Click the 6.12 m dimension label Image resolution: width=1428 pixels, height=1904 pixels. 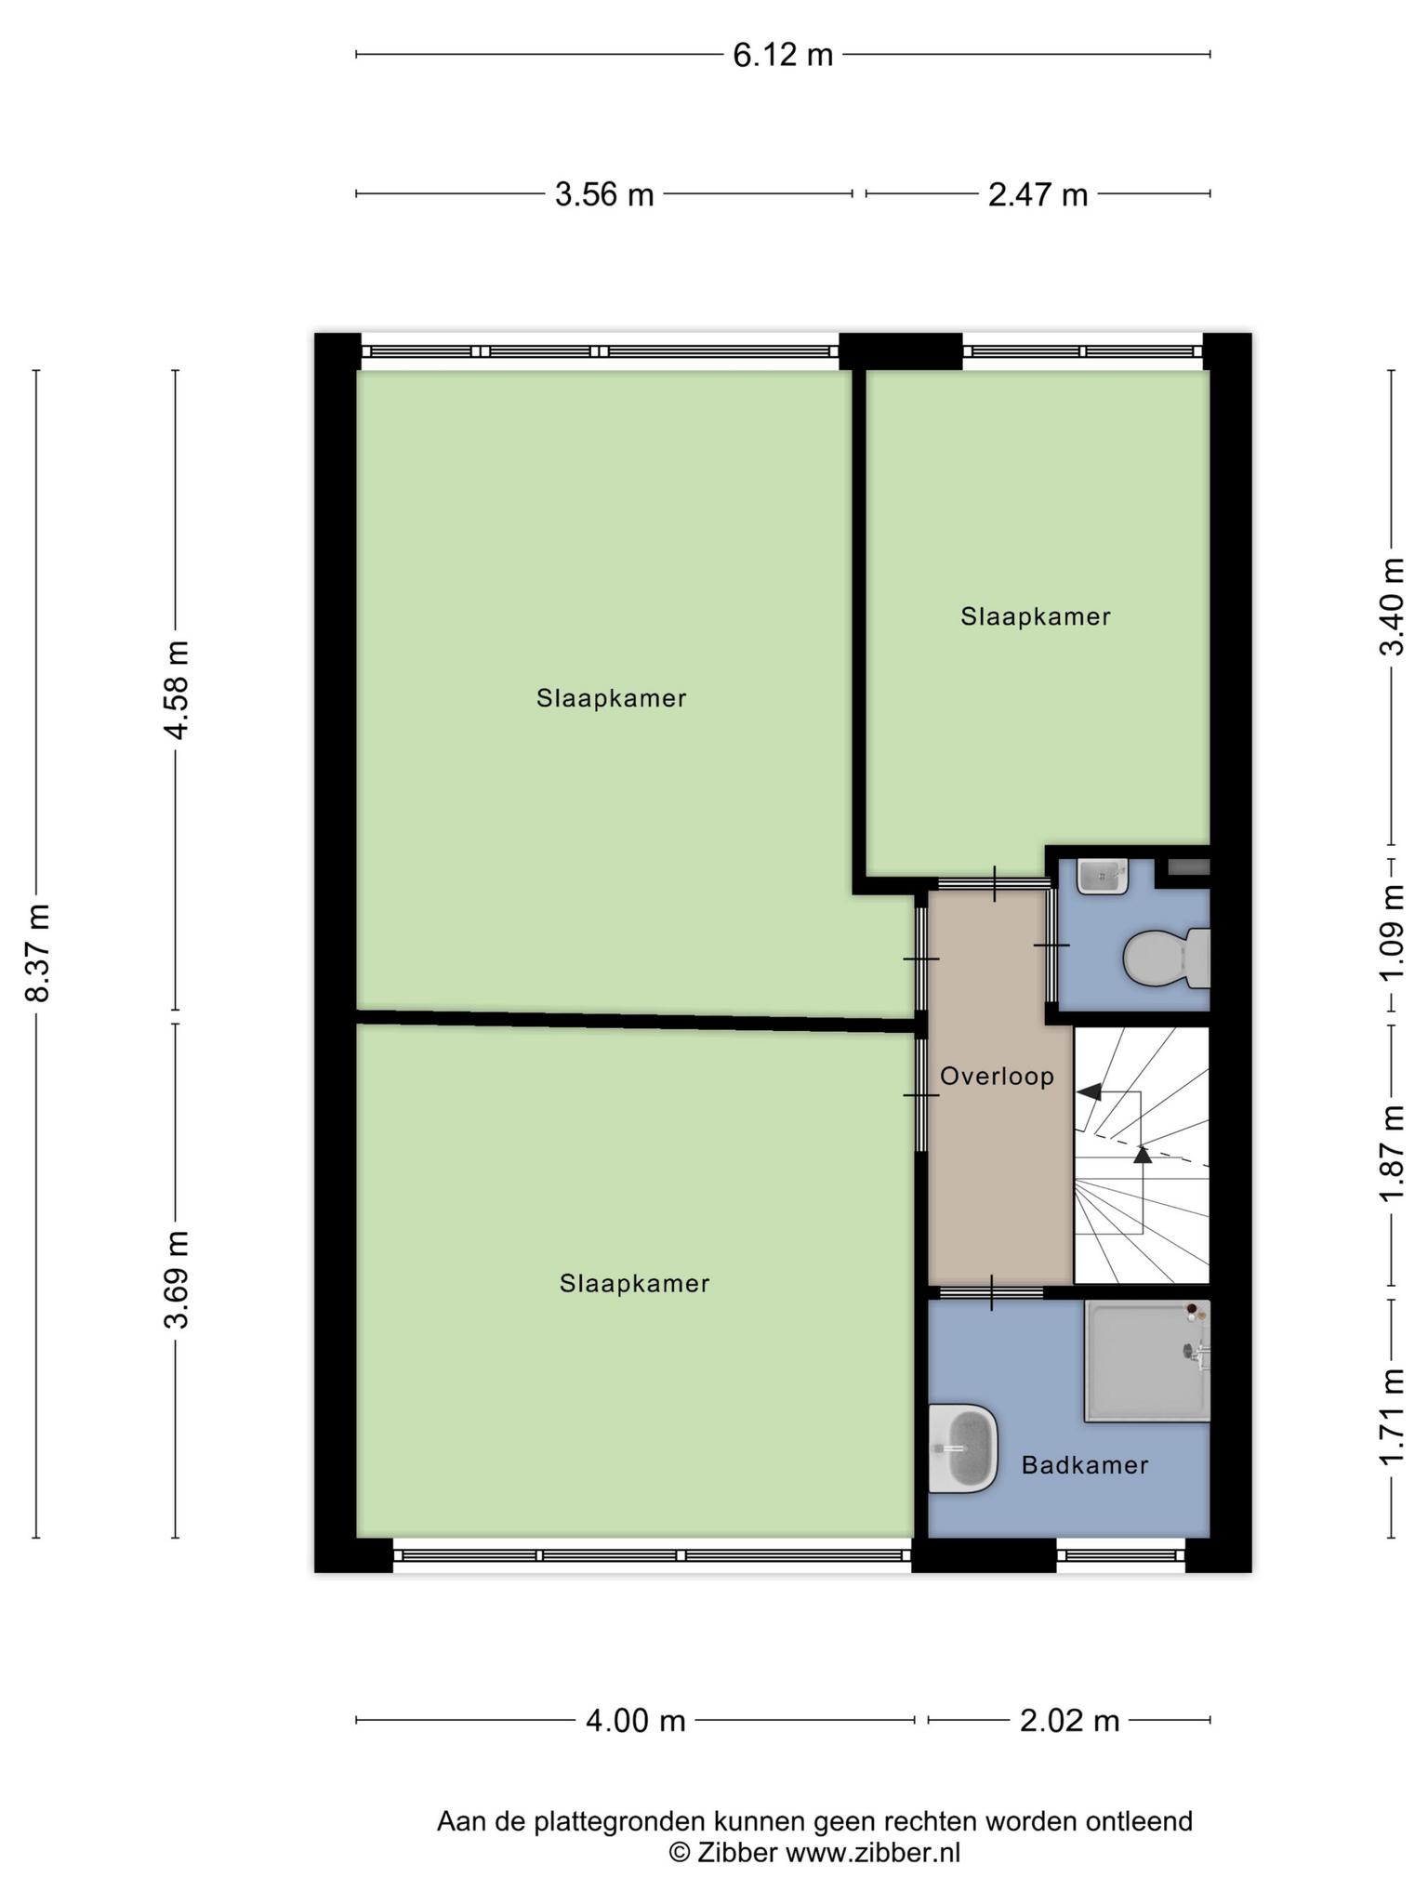(x=783, y=56)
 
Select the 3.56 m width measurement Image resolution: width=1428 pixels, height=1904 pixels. (x=604, y=195)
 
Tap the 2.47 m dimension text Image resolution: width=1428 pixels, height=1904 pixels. (x=1038, y=195)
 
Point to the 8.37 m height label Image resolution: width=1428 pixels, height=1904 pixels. (x=38, y=952)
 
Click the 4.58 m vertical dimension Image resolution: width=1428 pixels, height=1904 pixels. (x=177, y=690)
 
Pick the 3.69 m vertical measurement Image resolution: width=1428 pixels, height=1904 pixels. (x=177, y=1279)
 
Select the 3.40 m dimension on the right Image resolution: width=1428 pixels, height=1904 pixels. (x=1391, y=606)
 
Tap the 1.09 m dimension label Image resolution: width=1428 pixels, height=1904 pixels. (x=1391, y=932)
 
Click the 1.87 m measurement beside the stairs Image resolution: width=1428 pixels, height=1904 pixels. (x=1391, y=1153)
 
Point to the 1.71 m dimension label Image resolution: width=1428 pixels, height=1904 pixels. (x=1391, y=1419)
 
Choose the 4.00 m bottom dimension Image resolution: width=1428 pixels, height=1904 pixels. (x=635, y=1721)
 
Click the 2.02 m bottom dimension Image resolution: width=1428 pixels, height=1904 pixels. (x=1069, y=1721)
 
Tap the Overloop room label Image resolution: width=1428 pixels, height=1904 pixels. (x=997, y=1077)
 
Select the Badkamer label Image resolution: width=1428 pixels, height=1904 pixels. (x=1085, y=1465)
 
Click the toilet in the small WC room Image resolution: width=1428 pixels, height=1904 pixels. (x=1167, y=959)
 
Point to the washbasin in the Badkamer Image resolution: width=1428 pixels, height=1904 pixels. (x=963, y=1448)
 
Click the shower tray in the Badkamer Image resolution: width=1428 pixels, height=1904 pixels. (x=1147, y=1361)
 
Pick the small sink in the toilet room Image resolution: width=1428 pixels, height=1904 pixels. (x=1103, y=876)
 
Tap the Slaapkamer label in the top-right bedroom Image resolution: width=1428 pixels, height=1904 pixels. (x=1036, y=616)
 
